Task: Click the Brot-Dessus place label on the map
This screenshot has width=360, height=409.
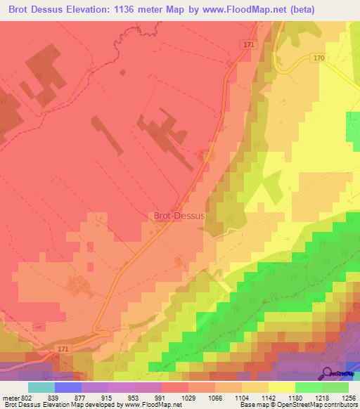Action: click(x=179, y=216)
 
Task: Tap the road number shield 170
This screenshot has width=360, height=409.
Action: click(x=319, y=58)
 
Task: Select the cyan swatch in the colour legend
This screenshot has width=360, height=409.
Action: click(x=41, y=388)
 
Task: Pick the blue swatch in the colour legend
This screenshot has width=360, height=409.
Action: click(x=68, y=388)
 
